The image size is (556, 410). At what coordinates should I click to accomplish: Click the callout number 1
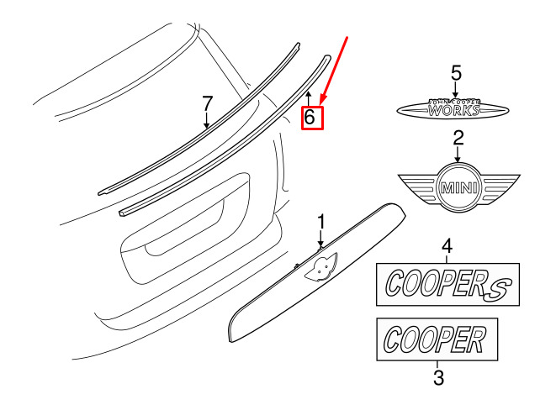pos(321,223)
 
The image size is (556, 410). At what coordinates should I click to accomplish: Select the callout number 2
pos(458,138)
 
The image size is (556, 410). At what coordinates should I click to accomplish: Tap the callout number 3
pos(438,377)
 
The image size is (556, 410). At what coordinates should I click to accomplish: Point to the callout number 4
pos(447,246)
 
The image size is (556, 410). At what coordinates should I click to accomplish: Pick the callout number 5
pos(457,73)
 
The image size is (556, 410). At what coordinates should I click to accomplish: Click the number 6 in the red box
pos(310,117)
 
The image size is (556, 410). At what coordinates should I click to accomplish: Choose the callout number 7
pos(207,103)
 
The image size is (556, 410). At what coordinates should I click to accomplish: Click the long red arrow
pos(334,71)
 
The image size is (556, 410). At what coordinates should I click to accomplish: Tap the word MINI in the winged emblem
pos(458,187)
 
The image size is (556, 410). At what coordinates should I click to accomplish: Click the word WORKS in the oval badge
pos(454,110)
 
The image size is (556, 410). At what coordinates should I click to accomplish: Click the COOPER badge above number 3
pos(437,339)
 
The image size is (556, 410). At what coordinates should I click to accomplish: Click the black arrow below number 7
pos(206,119)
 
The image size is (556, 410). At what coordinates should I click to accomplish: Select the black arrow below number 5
pos(456,89)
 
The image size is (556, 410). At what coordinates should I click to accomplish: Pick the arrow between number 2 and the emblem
pos(458,154)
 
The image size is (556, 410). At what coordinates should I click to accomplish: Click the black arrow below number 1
pos(321,239)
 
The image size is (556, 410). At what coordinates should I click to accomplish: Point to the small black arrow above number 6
pos(309,98)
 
